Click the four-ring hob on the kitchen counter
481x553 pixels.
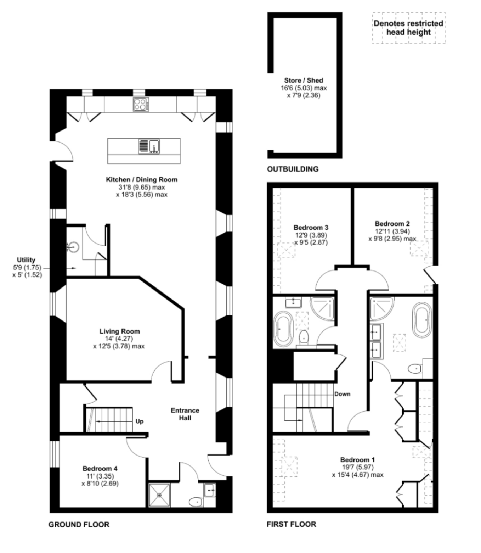[141, 104]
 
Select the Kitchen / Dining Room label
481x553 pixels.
[142, 180]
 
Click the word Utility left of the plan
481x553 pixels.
[26, 260]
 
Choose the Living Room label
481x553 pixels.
[119, 331]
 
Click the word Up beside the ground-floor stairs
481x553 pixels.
[140, 421]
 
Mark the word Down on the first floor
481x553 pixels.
[342, 394]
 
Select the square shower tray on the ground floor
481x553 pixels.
[159, 495]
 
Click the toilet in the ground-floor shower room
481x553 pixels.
[195, 502]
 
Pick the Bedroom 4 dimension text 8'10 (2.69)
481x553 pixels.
[100, 484]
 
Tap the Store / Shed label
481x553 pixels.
[304, 80]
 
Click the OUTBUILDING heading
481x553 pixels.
[293, 169]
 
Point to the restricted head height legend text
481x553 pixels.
[408, 28]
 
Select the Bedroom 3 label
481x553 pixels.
[311, 228]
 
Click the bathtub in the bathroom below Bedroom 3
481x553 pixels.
[284, 329]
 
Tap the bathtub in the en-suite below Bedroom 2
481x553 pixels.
[422, 319]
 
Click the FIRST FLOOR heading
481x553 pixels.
[291, 524]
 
